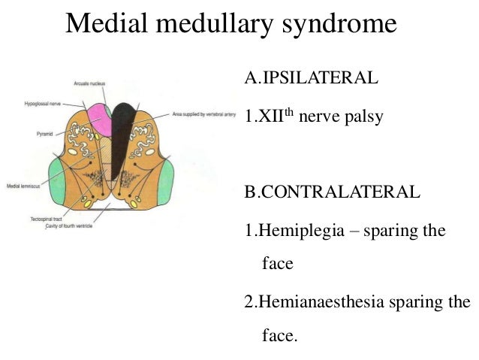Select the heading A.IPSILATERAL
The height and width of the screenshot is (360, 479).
click(x=310, y=77)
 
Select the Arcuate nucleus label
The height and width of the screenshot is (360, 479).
click(x=89, y=83)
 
